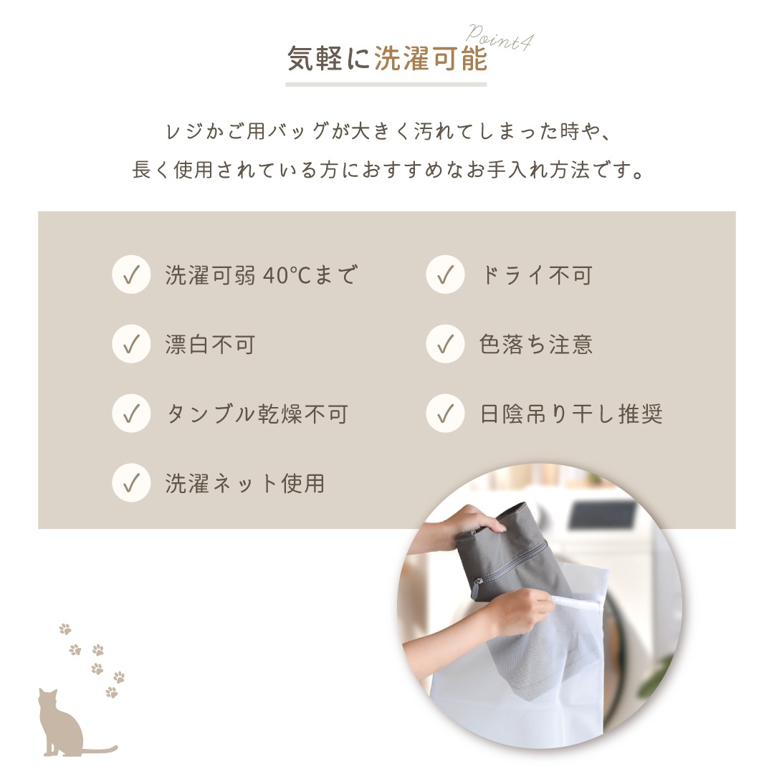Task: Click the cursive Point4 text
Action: [499, 37]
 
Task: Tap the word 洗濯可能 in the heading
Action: [431, 59]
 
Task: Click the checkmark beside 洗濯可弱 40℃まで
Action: [131, 274]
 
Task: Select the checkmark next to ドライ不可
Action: [445, 274]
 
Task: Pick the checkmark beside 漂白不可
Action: [131, 344]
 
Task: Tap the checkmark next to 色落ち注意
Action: [445, 344]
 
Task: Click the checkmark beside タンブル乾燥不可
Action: [131, 414]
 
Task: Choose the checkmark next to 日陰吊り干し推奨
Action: [445, 414]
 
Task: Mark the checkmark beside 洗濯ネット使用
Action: [131, 483]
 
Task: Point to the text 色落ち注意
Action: [535, 345]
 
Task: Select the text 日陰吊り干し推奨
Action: [570, 414]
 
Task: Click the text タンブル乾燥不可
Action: [257, 414]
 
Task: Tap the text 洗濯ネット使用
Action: [245, 484]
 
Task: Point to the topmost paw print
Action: [64, 629]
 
